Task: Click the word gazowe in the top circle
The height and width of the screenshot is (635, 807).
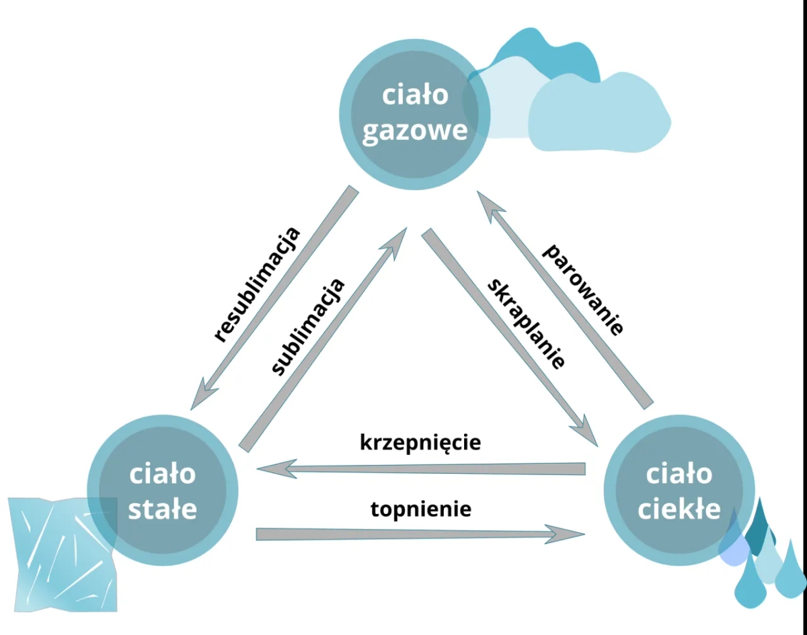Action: click(415, 129)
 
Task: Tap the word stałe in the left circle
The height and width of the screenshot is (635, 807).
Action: click(162, 509)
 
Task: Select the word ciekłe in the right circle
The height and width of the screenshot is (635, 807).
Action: click(679, 510)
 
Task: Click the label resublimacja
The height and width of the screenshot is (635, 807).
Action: click(256, 285)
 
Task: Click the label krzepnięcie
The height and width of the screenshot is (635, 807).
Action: click(420, 443)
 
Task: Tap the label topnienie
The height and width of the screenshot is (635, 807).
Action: click(421, 509)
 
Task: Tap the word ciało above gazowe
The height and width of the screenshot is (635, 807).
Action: click(415, 95)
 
